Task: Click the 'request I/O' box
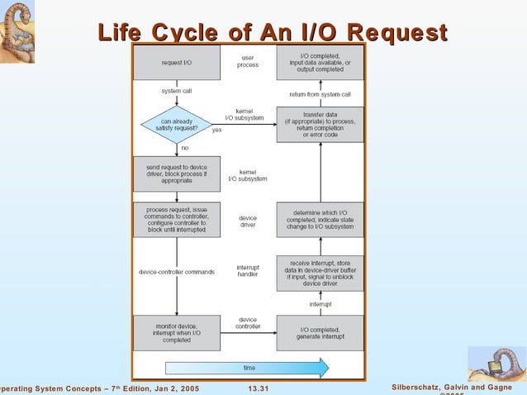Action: (177, 62)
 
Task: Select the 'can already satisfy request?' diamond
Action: (177, 125)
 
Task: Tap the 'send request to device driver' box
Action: (177, 173)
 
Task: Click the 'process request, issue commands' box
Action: (177, 219)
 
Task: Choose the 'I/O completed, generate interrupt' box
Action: (320, 333)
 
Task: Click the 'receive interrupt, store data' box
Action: (320, 273)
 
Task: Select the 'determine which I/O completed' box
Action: (320, 219)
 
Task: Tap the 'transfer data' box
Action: (320, 125)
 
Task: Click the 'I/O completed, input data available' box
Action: (320, 62)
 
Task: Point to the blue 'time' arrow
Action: (248, 367)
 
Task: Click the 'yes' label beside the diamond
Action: (217, 130)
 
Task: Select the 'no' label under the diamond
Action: (184, 147)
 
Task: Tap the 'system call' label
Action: (178, 91)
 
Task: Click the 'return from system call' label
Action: (320, 94)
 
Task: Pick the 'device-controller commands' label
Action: (177, 272)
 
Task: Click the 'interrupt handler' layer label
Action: (248, 272)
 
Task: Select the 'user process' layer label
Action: (248, 61)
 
